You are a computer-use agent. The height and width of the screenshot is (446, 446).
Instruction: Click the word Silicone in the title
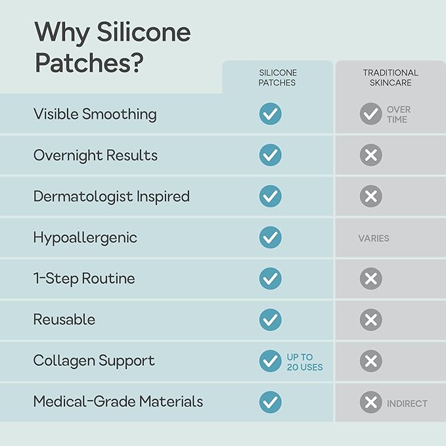[144, 32]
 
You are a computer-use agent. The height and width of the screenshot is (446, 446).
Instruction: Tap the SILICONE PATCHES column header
[278, 78]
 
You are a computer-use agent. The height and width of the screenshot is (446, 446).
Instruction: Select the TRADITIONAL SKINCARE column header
[391, 78]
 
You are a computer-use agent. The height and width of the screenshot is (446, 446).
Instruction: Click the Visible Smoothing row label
[95, 114]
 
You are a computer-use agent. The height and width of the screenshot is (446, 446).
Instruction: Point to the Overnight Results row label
[95, 156]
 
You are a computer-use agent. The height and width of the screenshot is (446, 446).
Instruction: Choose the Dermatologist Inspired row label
[112, 196]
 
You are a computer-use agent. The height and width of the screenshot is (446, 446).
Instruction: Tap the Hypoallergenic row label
[85, 238]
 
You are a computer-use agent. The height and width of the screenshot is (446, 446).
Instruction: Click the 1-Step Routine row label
[84, 279]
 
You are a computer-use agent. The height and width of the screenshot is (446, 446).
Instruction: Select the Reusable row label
[64, 319]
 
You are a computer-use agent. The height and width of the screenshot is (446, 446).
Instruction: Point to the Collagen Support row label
[94, 361]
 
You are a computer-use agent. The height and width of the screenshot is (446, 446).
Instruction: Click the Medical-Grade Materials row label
[118, 401]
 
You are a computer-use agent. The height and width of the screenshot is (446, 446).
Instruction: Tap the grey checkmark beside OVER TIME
[370, 114]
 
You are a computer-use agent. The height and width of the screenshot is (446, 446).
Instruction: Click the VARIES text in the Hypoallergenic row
[374, 238]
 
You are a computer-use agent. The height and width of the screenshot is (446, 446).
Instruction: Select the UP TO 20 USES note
[305, 362]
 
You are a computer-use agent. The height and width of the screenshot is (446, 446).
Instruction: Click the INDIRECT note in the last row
[407, 403]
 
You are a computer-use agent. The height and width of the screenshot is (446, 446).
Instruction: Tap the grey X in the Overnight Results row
[370, 155]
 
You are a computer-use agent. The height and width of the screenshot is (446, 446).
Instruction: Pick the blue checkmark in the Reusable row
[270, 320]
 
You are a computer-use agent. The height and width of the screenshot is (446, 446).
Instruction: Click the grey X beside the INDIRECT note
[370, 402]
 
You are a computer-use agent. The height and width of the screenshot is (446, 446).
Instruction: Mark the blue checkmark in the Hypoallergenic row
[270, 238]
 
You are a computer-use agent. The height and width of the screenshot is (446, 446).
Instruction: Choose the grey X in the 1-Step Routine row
[370, 279]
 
